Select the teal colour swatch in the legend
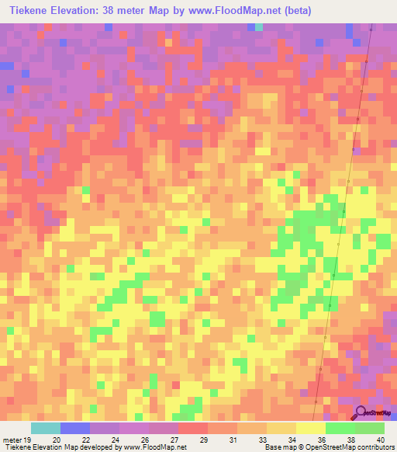pyautogui.click(x=46, y=428)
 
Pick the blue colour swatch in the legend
pyautogui.click(x=75, y=428)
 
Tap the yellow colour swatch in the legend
pyautogui.click(x=311, y=428)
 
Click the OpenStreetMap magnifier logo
pyautogui.click(x=361, y=413)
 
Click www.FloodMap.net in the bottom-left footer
pyautogui.click(x=150, y=447)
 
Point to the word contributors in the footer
pyautogui.click(x=375, y=447)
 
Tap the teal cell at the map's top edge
pyautogui.click(x=258, y=27)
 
